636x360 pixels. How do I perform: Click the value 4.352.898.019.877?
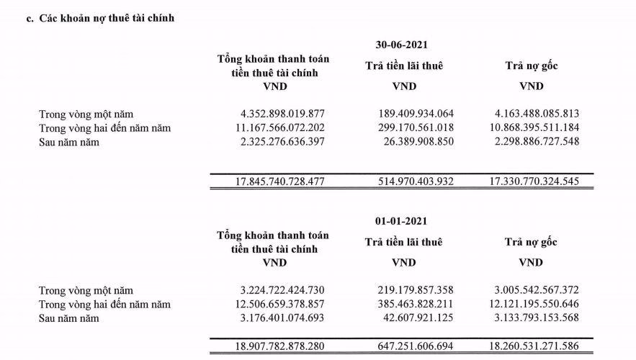[274, 114]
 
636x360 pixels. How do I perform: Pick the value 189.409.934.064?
[416, 114]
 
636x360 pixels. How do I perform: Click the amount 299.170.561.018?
[416, 127]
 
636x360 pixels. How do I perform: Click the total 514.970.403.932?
[416, 181]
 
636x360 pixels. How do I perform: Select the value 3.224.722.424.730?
[274, 290]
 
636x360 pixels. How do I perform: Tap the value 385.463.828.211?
[416, 304]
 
